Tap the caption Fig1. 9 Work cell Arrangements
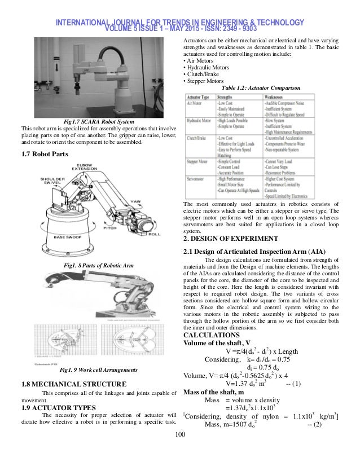click(99, 370)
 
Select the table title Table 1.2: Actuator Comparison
click(261, 88)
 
